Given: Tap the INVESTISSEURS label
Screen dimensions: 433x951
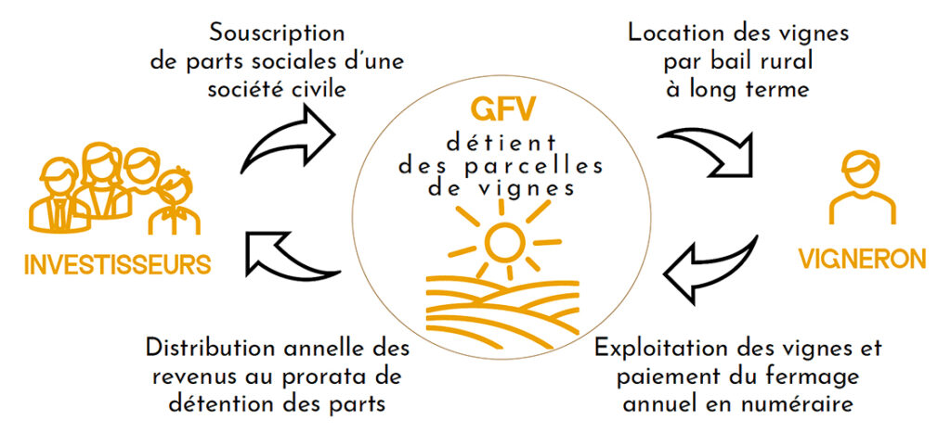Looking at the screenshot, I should (x=117, y=263).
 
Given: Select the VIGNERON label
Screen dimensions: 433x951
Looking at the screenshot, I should (x=863, y=258).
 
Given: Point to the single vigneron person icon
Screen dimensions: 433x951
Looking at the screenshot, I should (x=862, y=190).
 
